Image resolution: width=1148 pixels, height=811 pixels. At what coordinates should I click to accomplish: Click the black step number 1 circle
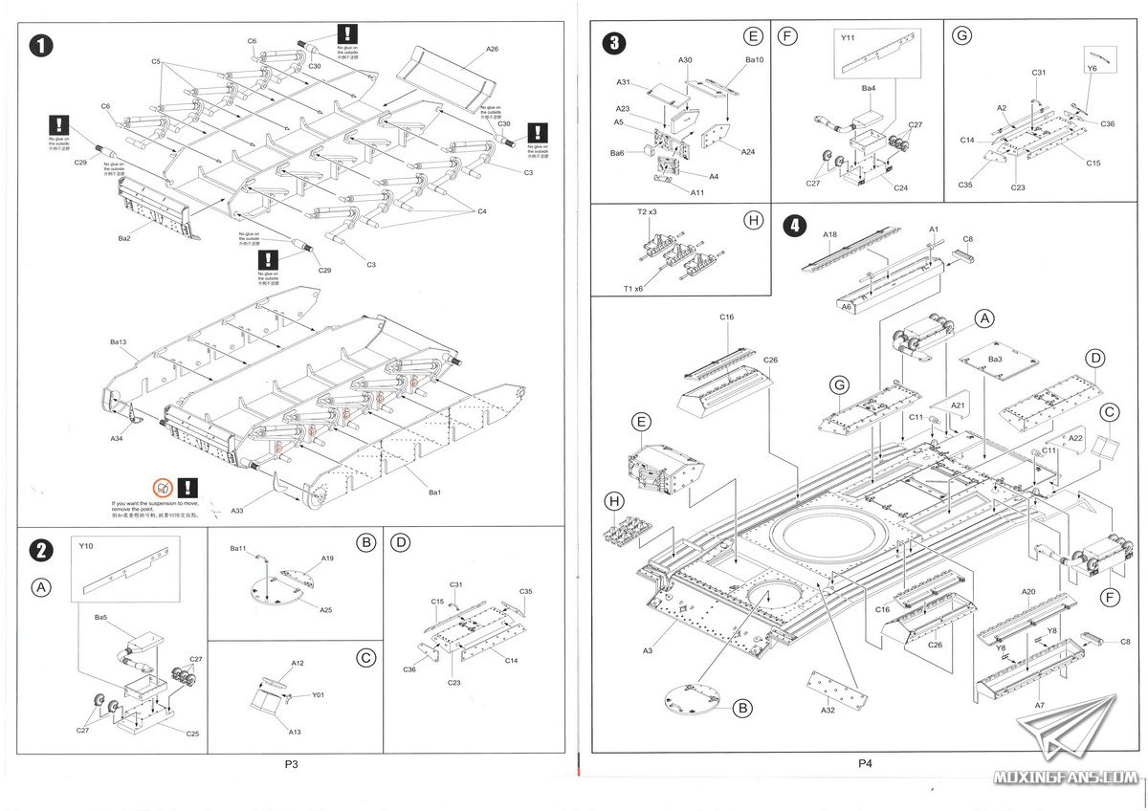(40, 46)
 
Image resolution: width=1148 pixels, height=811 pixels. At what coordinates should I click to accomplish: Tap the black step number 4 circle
(794, 227)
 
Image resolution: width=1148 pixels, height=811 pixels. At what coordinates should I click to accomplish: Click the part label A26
(492, 49)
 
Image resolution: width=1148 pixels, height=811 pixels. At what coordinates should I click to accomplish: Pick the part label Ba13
(119, 341)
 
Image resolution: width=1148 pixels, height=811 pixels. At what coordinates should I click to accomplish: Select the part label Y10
(86, 548)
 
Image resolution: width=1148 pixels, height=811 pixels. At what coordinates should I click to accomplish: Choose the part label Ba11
(238, 549)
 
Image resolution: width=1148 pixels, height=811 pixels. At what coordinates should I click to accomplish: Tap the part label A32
(828, 712)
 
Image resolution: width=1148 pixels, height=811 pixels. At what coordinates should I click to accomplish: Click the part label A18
(829, 232)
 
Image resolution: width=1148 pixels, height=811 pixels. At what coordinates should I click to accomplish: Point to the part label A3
(648, 650)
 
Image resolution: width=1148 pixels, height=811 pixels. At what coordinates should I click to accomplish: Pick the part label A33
(236, 512)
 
